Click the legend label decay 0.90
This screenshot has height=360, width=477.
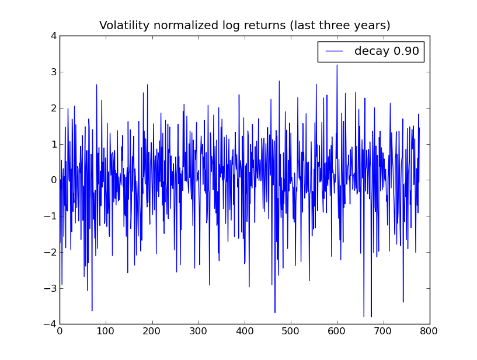point(387,51)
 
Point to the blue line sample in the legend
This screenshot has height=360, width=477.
point(334,51)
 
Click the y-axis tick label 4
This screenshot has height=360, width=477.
point(53,36)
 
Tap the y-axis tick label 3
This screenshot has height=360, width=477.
point(53,72)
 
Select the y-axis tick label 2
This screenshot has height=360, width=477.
point(53,108)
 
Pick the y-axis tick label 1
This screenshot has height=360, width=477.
point(53,144)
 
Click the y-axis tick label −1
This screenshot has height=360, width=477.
point(51,216)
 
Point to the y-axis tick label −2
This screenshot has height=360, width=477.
point(51,252)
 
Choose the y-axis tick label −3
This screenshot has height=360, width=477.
point(51,288)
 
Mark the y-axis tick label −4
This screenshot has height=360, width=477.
point(51,324)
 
